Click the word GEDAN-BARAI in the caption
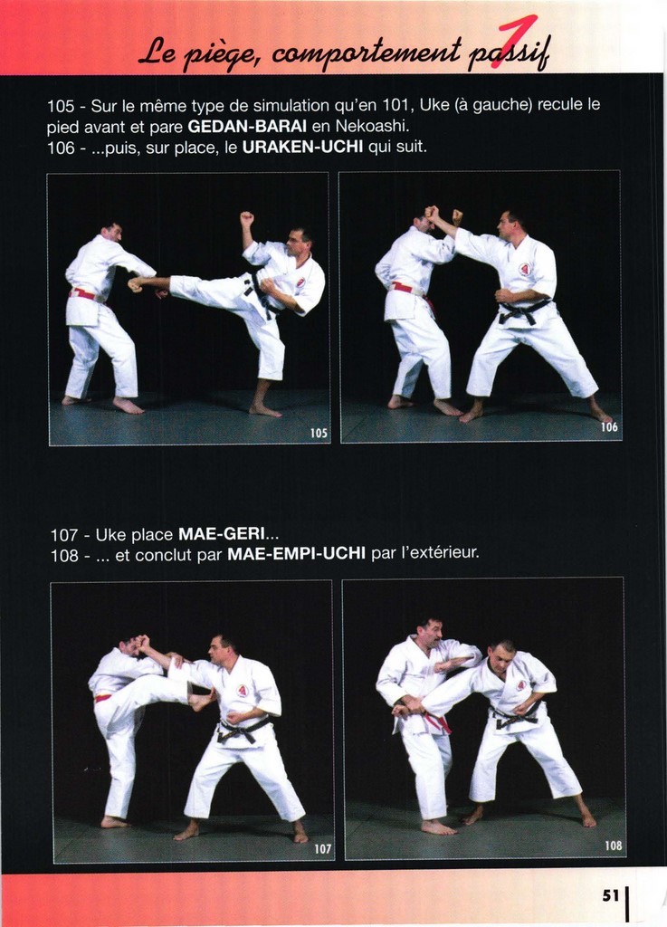click(x=249, y=127)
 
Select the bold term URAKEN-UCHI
click(x=302, y=147)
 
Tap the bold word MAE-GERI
click(x=222, y=534)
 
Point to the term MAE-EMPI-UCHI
click(x=296, y=555)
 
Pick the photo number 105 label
click(x=319, y=434)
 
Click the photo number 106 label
click(x=609, y=427)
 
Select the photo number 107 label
click(x=322, y=849)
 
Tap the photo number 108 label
click(x=614, y=846)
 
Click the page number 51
click(x=611, y=895)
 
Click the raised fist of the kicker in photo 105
click(x=247, y=219)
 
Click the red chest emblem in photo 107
click(x=243, y=690)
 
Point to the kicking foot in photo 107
click(x=201, y=702)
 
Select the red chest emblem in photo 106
click(x=524, y=270)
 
